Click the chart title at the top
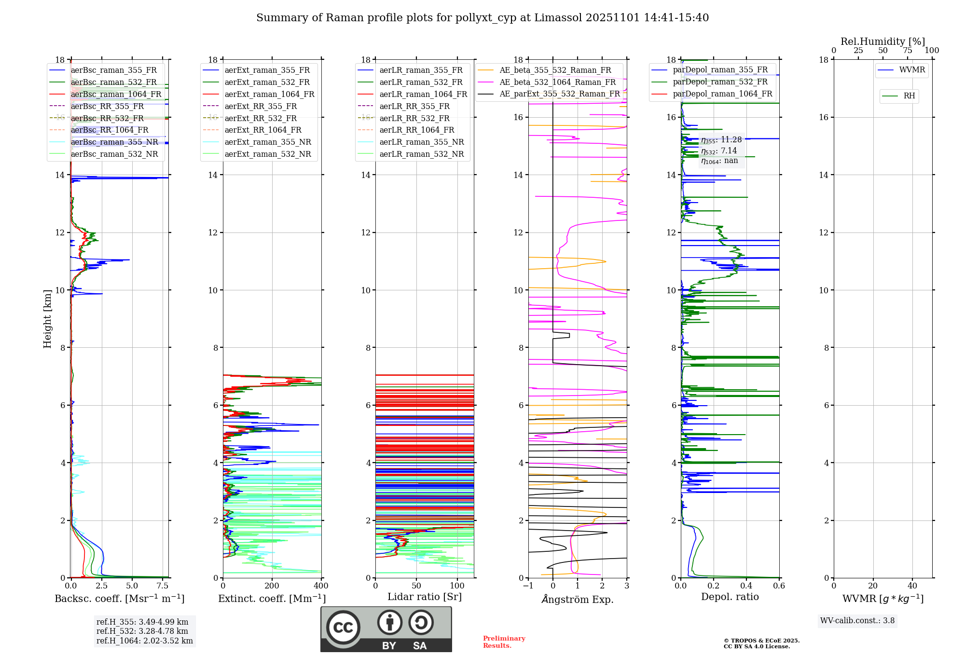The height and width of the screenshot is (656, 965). [x=482, y=18]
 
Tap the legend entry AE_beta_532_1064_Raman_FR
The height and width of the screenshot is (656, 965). [x=557, y=82]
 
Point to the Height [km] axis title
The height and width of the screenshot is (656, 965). [x=47, y=318]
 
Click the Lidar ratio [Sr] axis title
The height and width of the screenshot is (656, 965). [x=425, y=597]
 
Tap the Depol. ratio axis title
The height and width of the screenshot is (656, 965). [x=730, y=597]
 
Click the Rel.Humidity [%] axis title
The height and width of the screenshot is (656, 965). [x=882, y=41]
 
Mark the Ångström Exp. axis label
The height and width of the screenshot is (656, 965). [x=578, y=599]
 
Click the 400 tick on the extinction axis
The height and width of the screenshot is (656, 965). [x=321, y=586]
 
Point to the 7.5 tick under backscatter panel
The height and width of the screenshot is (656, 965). [x=163, y=586]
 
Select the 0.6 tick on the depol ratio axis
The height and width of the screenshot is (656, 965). [x=779, y=586]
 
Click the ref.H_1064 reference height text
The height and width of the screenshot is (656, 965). [x=144, y=641]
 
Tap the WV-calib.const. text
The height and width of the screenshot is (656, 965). [x=857, y=621]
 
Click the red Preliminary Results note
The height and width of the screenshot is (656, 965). [x=504, y=642]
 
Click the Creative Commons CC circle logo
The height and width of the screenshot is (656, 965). [x=343, y=628]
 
